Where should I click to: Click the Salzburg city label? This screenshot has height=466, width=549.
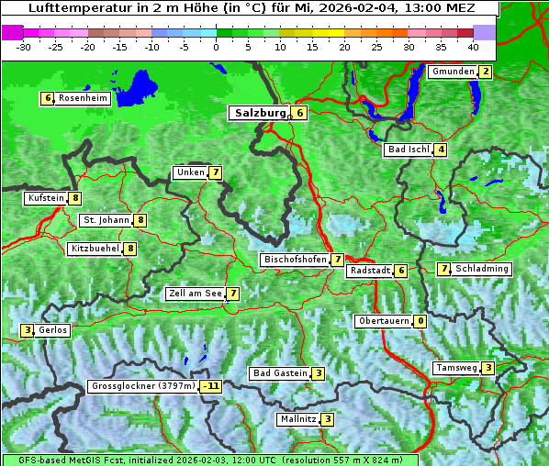pos(258,113)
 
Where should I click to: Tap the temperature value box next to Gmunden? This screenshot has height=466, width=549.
pos(486,72)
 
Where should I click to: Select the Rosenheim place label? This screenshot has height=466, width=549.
pos(82,98)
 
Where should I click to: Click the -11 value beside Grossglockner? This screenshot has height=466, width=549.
pos(212,386)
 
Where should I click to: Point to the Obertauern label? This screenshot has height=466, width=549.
pos(383,321)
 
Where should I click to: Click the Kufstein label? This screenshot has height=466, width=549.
pos(46,198)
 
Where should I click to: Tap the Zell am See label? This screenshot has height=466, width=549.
pos(195,294)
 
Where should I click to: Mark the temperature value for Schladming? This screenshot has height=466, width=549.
pos(443,269)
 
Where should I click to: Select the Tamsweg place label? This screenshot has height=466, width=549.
pos(456,368)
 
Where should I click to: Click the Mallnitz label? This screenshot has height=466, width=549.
pos(297,419)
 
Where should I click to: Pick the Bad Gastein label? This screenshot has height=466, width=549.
pos(280,373)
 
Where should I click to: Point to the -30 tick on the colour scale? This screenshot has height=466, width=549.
pos(24,46)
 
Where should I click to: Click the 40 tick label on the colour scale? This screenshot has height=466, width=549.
pos(473,46)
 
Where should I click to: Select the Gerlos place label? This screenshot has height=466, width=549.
pos(53,330)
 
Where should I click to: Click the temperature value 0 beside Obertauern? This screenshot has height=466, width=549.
pos(420,321)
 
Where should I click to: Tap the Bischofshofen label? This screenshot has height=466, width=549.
pos(295,260)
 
